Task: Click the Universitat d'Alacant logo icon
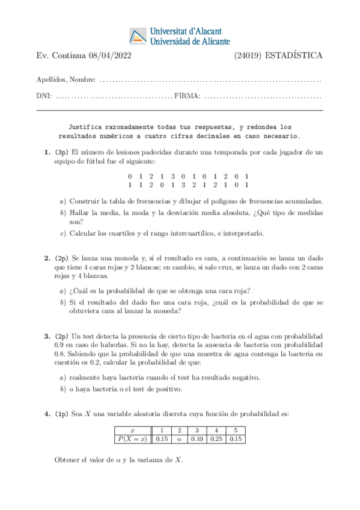138,36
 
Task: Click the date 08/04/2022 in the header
111,57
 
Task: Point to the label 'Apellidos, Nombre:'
66,79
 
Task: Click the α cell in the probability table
179,439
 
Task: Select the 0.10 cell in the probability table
197,439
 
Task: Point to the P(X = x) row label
131,439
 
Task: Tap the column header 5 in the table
236,431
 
